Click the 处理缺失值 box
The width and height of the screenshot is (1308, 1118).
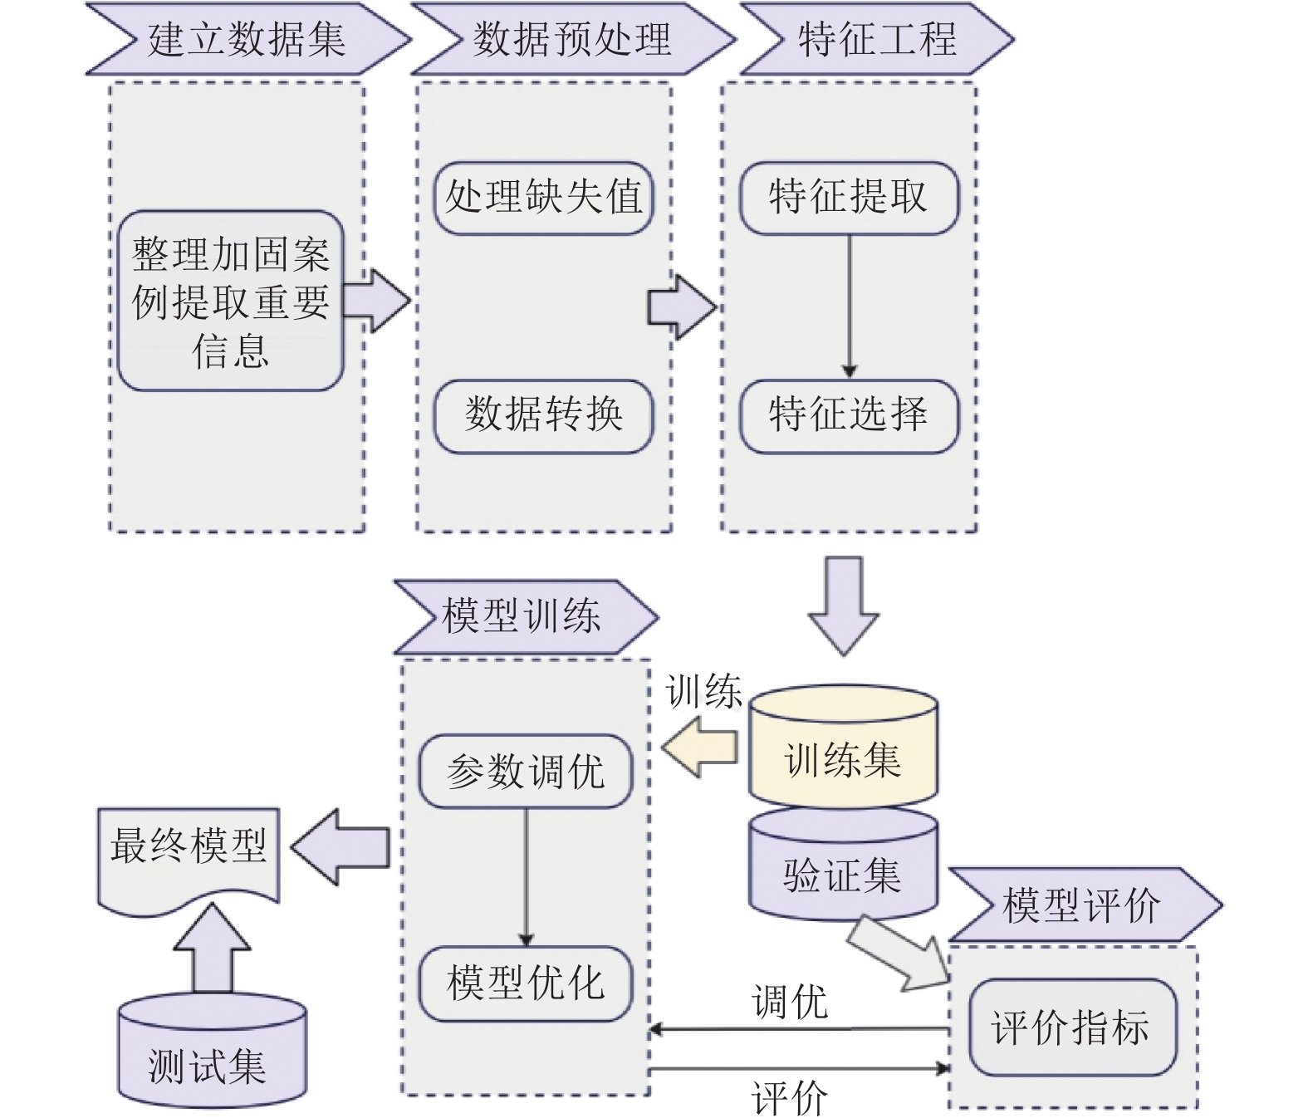pos(543,198)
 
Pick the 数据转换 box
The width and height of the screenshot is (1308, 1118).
pos(543,415)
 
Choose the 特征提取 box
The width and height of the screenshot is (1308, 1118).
pos(848,198)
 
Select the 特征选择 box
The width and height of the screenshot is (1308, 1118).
pos(848,415)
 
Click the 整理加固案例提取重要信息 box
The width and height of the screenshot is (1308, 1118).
pos(230,302)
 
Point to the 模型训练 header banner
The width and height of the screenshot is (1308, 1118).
pos(523,617)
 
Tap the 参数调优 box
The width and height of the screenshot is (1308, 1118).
pos(525,772)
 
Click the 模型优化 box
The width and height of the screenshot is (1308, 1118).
pos(525,983)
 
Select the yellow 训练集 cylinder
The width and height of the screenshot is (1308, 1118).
pos(843,758)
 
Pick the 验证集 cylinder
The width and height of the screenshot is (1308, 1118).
pos(843,874)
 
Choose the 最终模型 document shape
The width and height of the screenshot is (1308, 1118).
pos(189,851)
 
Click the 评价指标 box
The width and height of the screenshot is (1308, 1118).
pos(1071,1027)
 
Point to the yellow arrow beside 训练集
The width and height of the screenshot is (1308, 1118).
pos(701,748)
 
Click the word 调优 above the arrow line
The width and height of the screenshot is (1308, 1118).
pos(789,1002)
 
